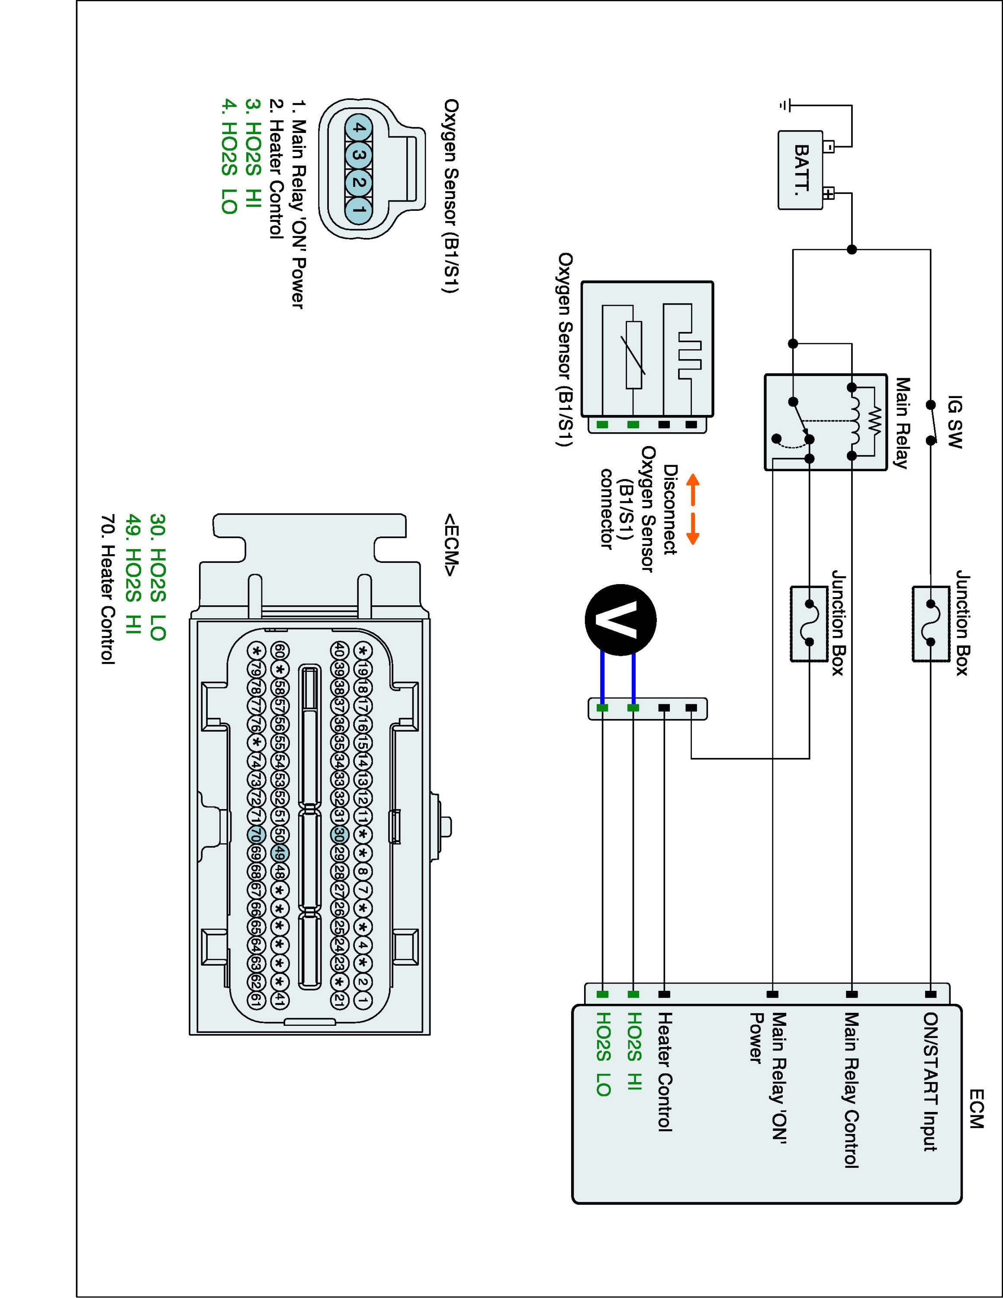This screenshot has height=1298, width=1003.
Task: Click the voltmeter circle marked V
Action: [620, 620]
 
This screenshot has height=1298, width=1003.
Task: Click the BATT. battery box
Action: [801, 170]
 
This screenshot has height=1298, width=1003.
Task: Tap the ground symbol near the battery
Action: [785, 106]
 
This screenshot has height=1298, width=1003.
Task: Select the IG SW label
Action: [954, 422]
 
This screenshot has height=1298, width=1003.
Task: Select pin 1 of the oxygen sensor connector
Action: [359, 210]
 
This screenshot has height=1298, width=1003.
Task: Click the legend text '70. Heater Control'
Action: [108, 589]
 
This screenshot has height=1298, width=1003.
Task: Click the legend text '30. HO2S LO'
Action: [158, 576]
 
